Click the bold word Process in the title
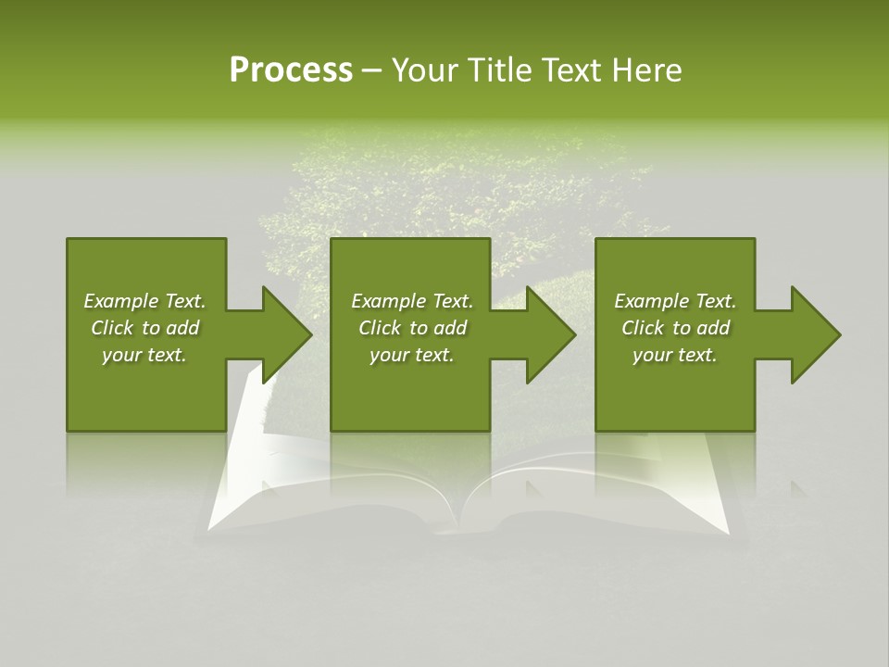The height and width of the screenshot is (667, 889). [291, 70]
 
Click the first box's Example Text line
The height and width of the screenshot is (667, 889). [144, 301]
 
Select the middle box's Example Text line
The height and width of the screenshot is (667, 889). [412, 301]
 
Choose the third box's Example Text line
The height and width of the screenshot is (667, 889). [675, 301]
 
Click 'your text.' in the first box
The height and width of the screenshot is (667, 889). [144, 355]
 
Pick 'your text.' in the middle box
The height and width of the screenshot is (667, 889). [412, 355]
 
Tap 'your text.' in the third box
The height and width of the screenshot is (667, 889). [675, 355]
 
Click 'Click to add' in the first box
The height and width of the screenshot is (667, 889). [144, 328]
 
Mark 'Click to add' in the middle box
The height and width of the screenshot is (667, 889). [412, 328]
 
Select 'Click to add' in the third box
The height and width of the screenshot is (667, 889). [675, 328]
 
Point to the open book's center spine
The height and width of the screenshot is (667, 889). [458, 519]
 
